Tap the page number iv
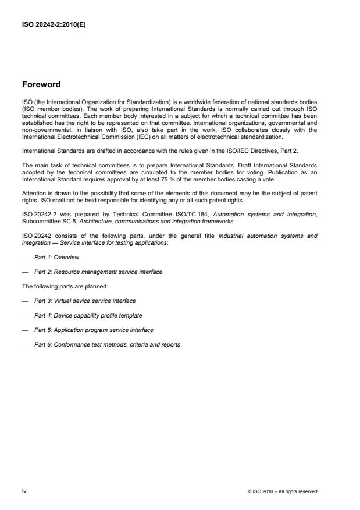24,491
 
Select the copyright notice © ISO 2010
282,491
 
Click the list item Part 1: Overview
56,256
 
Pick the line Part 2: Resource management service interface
98,272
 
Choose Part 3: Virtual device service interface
85,301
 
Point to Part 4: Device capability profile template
88,315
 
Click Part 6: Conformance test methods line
107,344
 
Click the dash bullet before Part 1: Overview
25,256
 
